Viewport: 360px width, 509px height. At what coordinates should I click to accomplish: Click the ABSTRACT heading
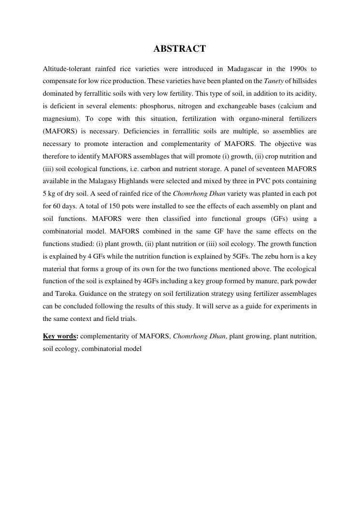point(179,49)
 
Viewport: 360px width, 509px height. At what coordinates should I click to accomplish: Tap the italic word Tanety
point(274,81)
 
